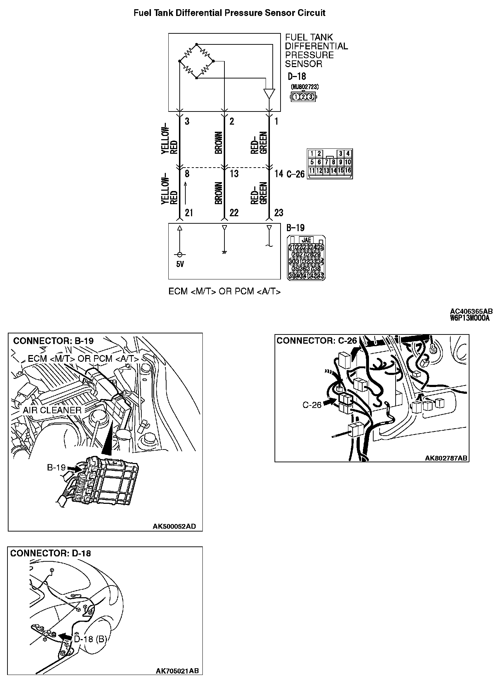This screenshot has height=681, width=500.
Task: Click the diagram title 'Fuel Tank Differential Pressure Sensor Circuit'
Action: coord(229,13)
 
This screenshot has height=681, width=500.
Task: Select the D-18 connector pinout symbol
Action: coord(303,96)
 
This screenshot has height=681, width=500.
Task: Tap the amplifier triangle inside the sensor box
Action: coord(269,94)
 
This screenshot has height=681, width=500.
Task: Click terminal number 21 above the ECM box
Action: coord(189,213)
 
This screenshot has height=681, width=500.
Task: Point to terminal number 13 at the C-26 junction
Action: coord(234,174)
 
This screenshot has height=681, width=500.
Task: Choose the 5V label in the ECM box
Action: coord(180,265)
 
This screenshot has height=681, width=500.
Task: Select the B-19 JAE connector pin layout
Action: coord(306,257)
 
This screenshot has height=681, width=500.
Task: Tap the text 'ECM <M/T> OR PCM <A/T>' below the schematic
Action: coord(224,292)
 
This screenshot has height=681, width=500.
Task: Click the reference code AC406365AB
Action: coord(471,312)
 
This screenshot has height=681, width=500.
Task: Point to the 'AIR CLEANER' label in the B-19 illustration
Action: coord(52,410)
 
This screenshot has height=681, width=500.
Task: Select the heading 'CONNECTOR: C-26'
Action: coord(316,341)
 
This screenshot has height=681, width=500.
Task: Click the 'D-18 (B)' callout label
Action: coord(90,639)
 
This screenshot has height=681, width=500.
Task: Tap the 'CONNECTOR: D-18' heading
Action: coord(50,553)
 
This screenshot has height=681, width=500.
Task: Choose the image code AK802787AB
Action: coord(446,458)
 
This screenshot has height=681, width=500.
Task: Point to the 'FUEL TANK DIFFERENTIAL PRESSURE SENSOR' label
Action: coord(316,51)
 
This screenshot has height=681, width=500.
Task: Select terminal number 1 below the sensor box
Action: coord(276,121)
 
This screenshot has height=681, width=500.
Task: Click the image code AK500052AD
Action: coord(174,526)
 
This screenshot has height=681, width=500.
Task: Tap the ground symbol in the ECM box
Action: coord(224,252)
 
